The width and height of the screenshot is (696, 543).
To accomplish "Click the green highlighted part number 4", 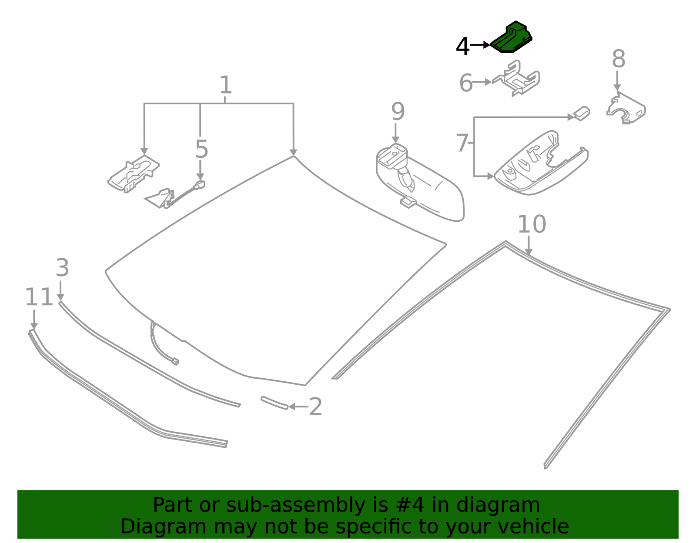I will [512, 38].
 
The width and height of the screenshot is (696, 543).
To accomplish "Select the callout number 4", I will [462, 47].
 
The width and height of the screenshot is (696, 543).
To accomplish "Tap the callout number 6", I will [466, 83].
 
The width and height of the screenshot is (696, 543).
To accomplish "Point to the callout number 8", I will [618, 59].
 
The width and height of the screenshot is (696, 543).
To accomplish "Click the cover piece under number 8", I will [626, 109].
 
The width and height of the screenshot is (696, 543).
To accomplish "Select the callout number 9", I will [398, 112].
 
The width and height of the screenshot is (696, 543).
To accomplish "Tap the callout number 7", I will [462, 143].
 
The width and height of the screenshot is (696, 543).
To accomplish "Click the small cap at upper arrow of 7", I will [582, 113].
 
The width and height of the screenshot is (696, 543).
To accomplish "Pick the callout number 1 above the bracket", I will [225, 85].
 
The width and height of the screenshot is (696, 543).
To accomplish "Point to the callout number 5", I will [201, 150].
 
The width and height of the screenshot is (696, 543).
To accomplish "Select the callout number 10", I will [532, 224].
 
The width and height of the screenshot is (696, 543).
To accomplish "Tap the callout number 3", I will [62, 268].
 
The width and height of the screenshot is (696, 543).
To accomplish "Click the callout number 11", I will [39, 298].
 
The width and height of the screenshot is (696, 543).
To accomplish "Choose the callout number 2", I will [315, 407].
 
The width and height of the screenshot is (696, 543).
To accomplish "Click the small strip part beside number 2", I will [274, 403].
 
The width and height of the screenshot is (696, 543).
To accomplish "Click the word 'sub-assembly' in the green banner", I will [281, 506].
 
